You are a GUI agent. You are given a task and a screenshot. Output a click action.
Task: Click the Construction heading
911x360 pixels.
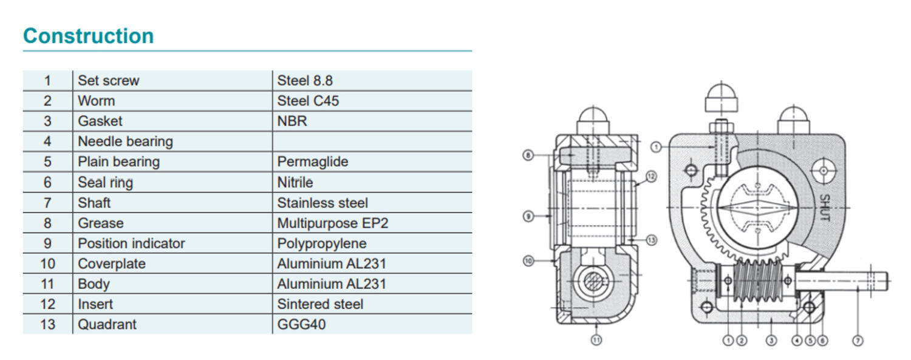[88, 36]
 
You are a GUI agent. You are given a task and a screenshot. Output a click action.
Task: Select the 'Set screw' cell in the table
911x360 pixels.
[108, 81]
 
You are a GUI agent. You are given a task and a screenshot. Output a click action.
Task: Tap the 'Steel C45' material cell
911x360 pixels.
[308, 101]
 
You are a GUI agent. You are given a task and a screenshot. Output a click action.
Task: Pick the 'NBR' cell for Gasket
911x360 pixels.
[292, 121]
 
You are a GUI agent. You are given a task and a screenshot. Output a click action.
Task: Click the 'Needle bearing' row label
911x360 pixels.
[125, 141]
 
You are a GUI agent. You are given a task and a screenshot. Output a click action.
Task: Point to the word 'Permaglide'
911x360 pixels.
[312, 162]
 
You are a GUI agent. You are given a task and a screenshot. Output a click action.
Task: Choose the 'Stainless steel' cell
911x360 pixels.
[322, 203]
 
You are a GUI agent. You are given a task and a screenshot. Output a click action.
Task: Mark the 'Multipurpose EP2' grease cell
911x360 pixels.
[332, 223]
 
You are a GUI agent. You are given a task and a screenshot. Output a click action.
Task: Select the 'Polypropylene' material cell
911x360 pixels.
[321, 243]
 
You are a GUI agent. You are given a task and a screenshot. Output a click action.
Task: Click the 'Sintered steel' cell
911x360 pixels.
[320, 304]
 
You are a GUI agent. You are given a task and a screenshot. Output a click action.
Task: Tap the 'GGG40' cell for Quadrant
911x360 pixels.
[301, 324]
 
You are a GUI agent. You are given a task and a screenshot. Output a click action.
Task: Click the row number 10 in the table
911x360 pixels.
[47, 263]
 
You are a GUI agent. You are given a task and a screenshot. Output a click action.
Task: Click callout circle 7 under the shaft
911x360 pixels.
[858, 341]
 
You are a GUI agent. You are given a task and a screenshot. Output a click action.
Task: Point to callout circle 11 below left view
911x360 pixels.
[596, 341]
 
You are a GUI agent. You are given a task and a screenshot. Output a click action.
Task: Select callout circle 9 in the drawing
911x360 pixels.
[529, 216]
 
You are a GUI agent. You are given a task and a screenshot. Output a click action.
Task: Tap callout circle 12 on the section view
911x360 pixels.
[651, 177]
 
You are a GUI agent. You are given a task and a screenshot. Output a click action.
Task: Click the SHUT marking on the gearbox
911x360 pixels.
[824, 208]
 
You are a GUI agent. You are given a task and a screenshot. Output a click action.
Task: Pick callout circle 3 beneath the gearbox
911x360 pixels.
[771, 341]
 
